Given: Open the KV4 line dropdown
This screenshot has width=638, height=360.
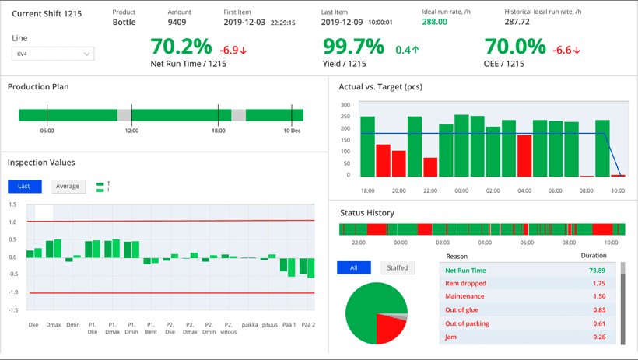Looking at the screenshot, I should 53,54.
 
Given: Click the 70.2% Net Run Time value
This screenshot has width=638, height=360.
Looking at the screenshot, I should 181,47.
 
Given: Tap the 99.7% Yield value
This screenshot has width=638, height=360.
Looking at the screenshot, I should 354,47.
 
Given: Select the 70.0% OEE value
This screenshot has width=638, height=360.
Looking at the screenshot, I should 515,47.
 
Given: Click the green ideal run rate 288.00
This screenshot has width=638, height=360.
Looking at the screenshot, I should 434,23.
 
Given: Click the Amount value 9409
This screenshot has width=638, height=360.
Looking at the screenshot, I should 177,23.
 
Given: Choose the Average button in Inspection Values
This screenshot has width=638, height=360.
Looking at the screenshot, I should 68,187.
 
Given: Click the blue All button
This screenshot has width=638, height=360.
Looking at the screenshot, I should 354,267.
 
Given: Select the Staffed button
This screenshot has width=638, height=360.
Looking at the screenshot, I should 398,267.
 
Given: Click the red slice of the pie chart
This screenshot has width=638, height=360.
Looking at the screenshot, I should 389,329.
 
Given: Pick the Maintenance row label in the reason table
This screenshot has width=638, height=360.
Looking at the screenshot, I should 464,296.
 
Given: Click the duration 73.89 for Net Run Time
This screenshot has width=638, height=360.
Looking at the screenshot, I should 596,270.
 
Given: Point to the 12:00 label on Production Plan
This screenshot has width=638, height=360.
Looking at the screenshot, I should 131,131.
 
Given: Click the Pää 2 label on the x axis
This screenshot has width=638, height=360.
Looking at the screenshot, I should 308,324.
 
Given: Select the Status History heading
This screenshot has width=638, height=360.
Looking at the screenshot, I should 366,213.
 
